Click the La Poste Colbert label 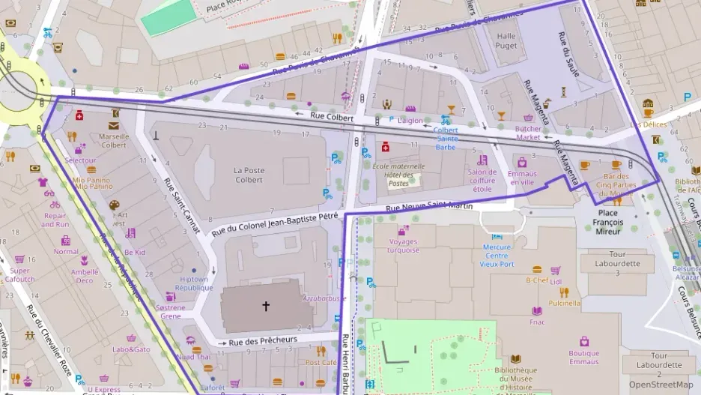(249, 175)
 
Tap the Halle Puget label (506, 40)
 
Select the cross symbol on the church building (265, 306)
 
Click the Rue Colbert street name (331, 115)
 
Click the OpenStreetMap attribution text (661, 385)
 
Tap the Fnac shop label (536, 322)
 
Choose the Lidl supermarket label (555, 282)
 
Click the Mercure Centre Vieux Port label (497, 255)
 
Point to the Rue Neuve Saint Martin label (429, 208)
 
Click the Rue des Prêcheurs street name (263, 340)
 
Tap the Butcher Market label (528, 133)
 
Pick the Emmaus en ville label (522, 178)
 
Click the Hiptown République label (194, 283)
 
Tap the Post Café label (321, 362)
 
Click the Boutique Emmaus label (583, 358)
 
